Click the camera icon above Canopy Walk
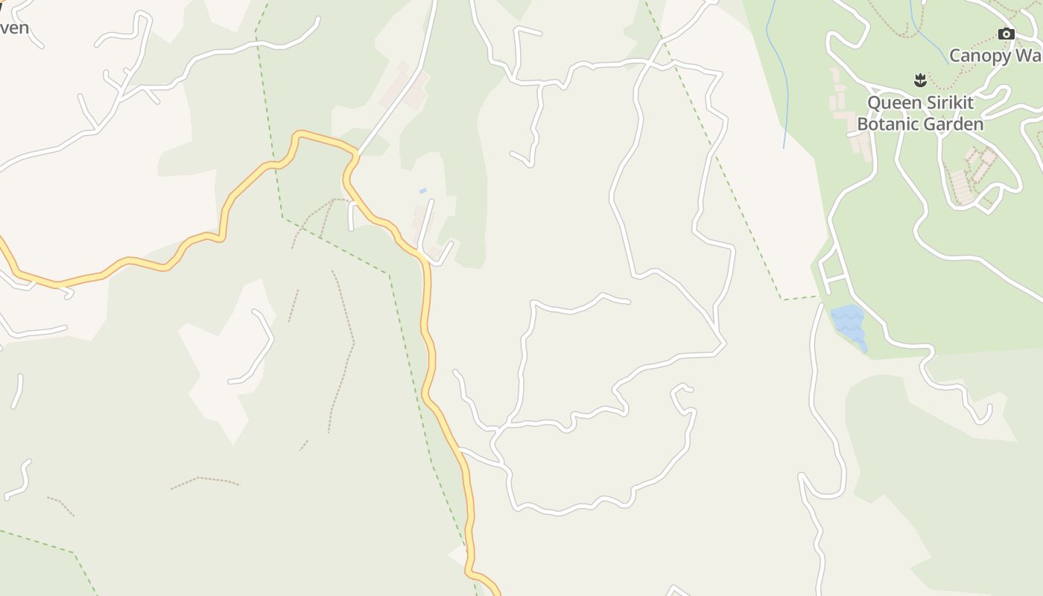coord(1006,34)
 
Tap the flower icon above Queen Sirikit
coord(920,79)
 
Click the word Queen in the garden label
coord(894,102)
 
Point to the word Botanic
coord(887,124)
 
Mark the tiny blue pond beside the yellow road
coord(422,191)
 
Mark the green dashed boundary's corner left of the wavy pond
coord(782,299)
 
